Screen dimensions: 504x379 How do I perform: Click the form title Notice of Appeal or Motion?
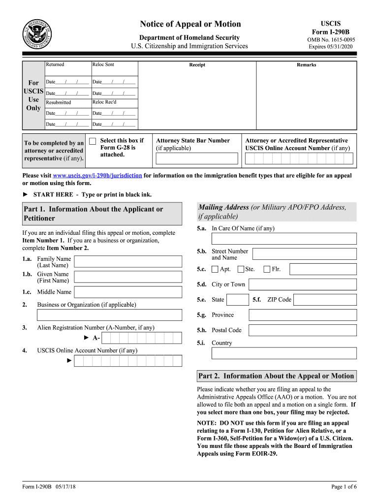[190, 24]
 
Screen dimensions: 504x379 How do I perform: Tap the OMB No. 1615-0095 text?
[331, 40]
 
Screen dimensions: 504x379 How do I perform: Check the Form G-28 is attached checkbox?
[92, 141]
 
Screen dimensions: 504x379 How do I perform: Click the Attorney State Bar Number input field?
[196, 158]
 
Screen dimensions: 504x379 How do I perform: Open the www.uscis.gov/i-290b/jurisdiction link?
[97, 176]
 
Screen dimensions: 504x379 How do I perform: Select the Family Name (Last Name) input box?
[127, 261]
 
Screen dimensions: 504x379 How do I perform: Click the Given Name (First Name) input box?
[127, 277]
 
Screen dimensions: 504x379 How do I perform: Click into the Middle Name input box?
[127, 292]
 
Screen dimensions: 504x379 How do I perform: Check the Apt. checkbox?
[215, 269]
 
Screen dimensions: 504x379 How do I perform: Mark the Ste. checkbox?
[241, 269]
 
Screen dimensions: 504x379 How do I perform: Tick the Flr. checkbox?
[267, 269]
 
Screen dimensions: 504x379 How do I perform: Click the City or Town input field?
[302, 284]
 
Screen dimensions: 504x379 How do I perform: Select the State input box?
[238, 300]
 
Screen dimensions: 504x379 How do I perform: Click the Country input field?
[284, 353]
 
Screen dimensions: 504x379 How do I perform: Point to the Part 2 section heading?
[276, 376]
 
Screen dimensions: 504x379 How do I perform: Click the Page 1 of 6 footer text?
[344, 487]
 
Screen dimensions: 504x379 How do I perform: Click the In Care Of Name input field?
[284, 239]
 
